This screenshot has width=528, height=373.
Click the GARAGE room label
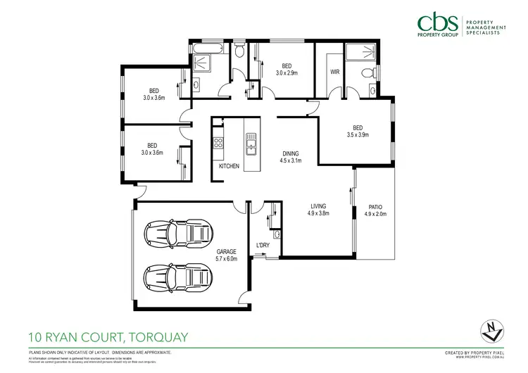[226, 251]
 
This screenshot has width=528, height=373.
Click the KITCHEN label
[229, 166]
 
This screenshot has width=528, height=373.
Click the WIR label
[334, 72]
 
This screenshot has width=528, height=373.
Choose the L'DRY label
[263, 245]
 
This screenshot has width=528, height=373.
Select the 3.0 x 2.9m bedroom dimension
[286, 72]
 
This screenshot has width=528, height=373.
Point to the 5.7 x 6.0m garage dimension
[226, 258]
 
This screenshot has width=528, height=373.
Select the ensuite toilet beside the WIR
[365, 74]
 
